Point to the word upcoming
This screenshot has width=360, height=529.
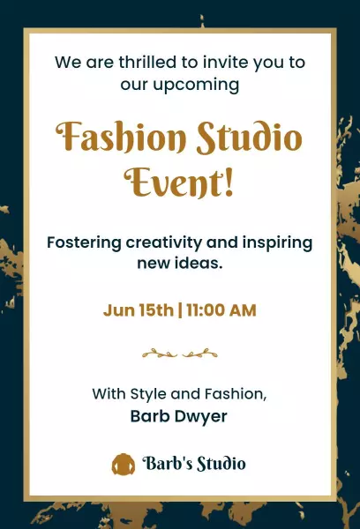tap(195, 85)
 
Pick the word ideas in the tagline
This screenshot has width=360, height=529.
tap(201, 264)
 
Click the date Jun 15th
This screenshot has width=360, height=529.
tap(139, 310)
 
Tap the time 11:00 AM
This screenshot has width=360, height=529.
tap(221, 310)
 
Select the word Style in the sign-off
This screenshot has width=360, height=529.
tap(150, 393)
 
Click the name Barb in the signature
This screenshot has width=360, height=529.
tap(150, 415)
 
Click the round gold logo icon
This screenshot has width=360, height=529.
tap(123, 463)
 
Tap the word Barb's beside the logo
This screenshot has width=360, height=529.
tap(168, 463)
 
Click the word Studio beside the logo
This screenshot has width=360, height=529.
tap(221, 463)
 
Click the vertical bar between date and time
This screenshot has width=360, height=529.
tap(180, 310)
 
